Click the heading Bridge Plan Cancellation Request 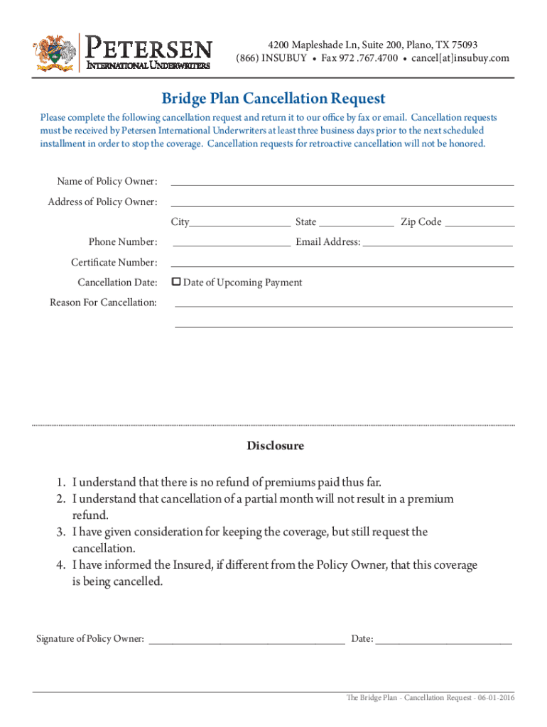point(273,98)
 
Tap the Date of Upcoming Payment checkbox point(177,283)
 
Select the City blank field point(239,223)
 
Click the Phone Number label point(123,242)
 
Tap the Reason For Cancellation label point(103,302)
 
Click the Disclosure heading point(275,446)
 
